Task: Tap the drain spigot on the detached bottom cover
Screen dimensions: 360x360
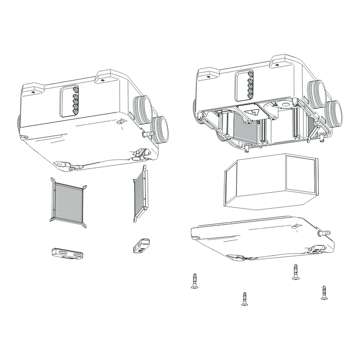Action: click(x=325, y=232)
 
